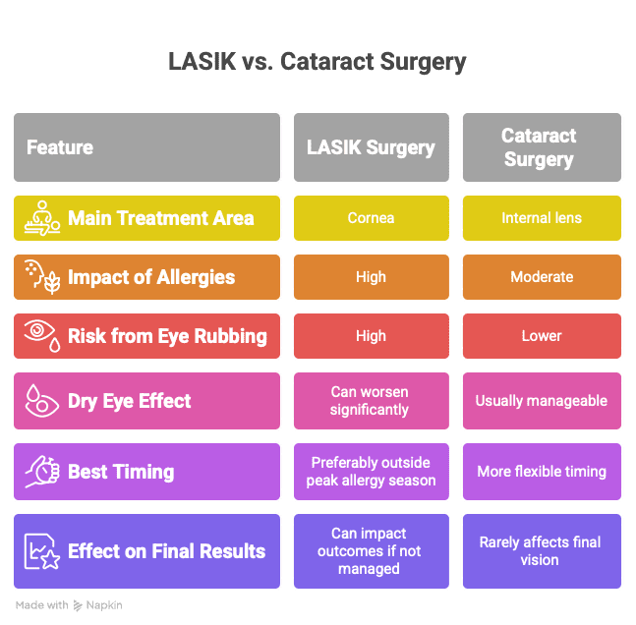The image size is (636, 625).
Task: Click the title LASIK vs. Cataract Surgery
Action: point(317,63)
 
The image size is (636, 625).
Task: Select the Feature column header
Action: point(146,147)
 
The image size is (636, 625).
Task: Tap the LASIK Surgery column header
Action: point(371,147)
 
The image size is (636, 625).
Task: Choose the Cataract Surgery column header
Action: point(541,147)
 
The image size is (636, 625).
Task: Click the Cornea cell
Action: point(371,218)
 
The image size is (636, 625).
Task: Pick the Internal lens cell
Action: point(541,218)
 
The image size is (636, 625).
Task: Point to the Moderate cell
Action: point(541,277)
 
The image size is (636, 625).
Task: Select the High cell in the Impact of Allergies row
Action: point(371,277)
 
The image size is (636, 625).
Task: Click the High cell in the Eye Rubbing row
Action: point(371,336)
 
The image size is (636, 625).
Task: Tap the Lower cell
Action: point(541,336)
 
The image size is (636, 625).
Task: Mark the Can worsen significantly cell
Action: point(371,401)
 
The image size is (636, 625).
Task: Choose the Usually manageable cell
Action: point(541,401)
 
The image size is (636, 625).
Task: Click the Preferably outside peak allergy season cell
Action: point(371,472)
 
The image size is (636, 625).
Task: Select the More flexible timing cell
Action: point(541,472)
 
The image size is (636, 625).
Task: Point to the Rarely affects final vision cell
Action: point(541,551)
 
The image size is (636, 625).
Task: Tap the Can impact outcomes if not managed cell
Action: point(371,551)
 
